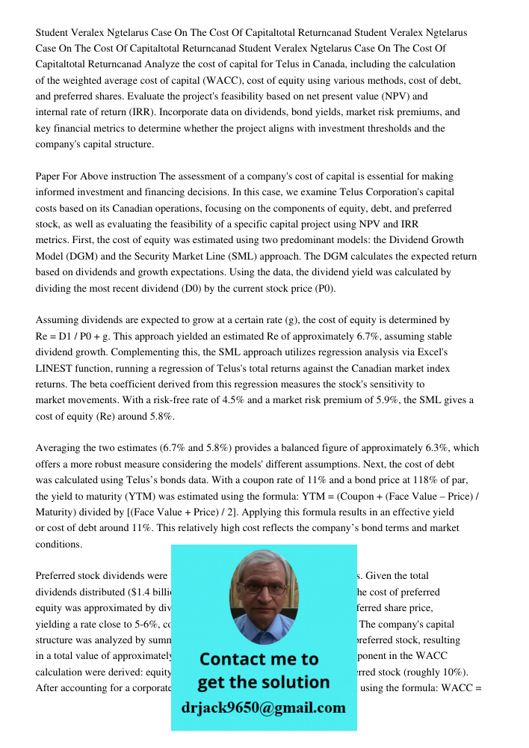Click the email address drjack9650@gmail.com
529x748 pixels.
click(264, 708)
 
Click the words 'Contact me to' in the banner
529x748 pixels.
click(259, 659)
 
